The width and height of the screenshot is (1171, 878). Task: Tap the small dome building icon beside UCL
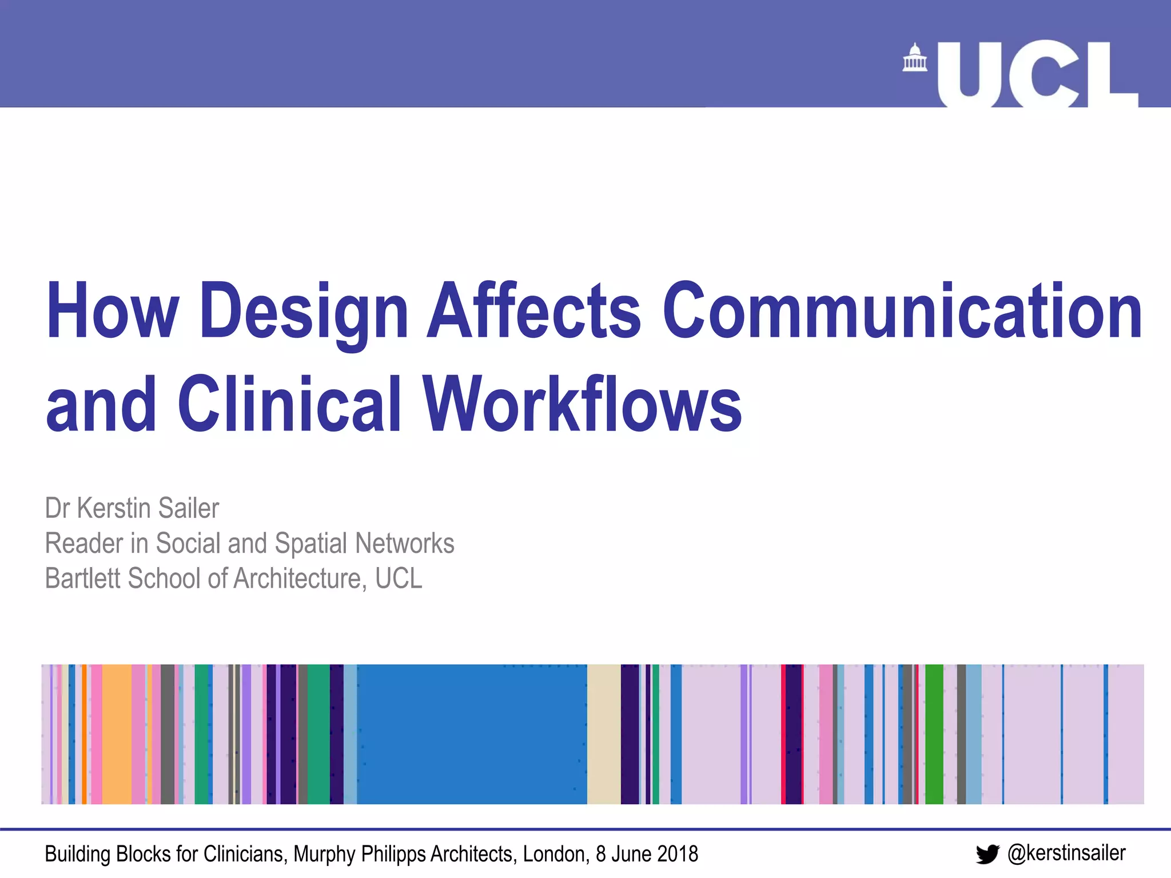point(914,58)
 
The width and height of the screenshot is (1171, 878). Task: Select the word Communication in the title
point(902,312)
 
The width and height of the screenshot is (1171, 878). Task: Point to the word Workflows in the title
point(581,404)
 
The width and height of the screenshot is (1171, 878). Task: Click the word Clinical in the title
point(289,404)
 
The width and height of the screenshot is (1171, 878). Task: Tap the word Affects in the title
point(535,312)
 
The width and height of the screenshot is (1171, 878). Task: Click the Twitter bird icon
point(987,854)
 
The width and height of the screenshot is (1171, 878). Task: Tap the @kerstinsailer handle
point(1066,853)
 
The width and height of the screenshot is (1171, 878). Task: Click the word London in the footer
point(555,854)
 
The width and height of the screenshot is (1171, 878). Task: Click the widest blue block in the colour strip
point(472,734)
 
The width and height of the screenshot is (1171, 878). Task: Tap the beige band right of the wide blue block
point(603,734)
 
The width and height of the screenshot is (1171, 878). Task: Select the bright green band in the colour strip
point(934,734)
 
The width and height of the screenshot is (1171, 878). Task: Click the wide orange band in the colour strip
point(117,734)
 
